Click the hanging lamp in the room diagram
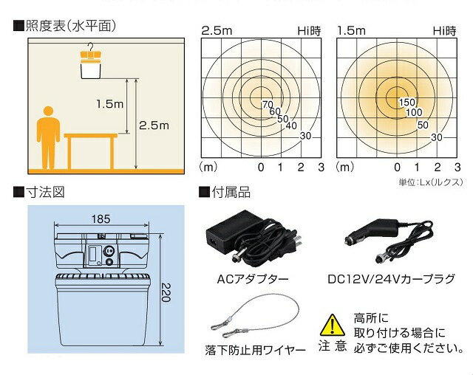pos(90,66)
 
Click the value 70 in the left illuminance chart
pos(267,103)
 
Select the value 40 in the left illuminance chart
pos(290,125)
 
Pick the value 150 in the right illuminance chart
pos(407,102)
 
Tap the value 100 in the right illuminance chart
pos(414,113)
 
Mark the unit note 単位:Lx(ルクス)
pos(431,180)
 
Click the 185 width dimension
pos(102,219)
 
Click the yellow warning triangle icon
pos(332,324)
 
